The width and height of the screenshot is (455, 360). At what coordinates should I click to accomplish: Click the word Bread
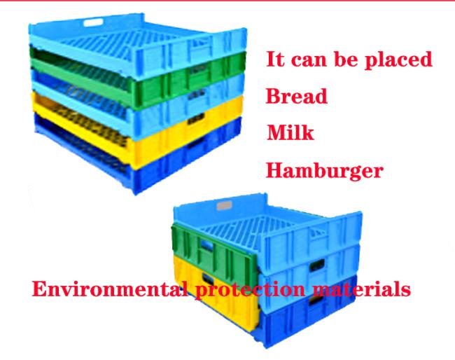coord(297,96)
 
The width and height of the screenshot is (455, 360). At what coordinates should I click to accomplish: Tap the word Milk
coord(290,132)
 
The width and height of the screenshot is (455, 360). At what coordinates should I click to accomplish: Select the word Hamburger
coord(324,171)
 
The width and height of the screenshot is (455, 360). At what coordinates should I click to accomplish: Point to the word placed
coord(398,60)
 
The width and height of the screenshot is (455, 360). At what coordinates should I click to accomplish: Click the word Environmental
coord(110,289)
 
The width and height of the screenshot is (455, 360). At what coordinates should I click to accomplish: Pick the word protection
coord(250,290)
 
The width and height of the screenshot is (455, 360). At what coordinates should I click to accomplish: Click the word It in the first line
coord(275,59)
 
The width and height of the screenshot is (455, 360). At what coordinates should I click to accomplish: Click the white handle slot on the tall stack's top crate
coord(93,22)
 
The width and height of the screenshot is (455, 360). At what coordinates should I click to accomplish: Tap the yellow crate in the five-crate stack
coord(136,131)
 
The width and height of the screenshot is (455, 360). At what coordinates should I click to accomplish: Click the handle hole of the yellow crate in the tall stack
coord(196,118)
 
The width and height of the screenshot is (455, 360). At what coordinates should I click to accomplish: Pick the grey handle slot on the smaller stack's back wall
coord(224,206)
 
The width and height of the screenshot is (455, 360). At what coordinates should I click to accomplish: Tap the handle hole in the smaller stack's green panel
coord(206,246)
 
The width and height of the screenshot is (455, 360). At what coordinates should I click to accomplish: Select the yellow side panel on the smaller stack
coord(216,293)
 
